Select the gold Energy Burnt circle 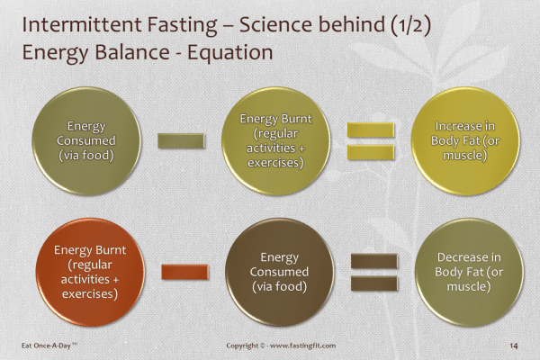[273, 140]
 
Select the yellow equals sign [370, 141]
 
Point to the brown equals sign [370, 270]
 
